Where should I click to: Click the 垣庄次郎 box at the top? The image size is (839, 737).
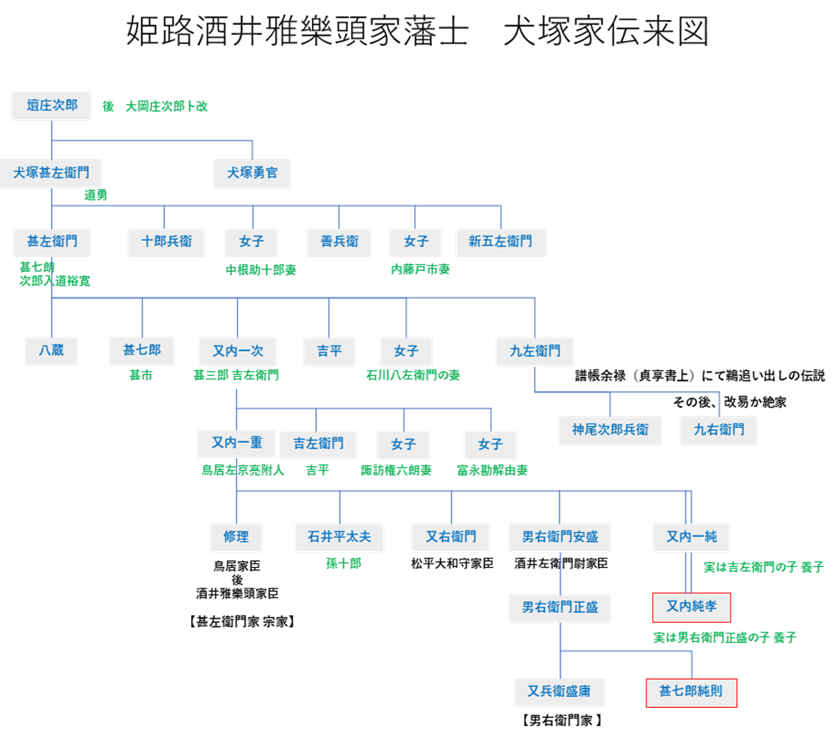[52, 106]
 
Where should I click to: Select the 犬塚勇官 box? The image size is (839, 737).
[252, 173]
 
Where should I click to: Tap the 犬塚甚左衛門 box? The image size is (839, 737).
[52, 173]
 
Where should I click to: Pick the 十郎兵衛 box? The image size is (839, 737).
[166, 242]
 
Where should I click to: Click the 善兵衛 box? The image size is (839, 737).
[339, 242]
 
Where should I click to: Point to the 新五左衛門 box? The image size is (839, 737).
[500, 242]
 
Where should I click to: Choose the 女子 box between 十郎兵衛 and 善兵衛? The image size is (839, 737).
[251, 242]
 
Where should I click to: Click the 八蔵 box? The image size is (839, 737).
[52, 351]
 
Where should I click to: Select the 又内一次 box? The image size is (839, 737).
[237, 351]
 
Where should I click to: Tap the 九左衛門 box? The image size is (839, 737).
[535, 351]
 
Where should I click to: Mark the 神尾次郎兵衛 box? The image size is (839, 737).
[610, 430]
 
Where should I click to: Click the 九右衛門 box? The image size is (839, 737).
[718, 430]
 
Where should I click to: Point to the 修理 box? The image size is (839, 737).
[236, 538]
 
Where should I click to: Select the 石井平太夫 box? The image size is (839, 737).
[339, 538]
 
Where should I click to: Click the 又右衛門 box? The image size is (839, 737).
[451, 538]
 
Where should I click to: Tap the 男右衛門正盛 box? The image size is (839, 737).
[560, 608]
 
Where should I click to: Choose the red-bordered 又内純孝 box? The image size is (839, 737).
[691, 607]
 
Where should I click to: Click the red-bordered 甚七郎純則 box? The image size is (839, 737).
[691, 692]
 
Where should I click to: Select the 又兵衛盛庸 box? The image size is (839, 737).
[560, 692]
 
